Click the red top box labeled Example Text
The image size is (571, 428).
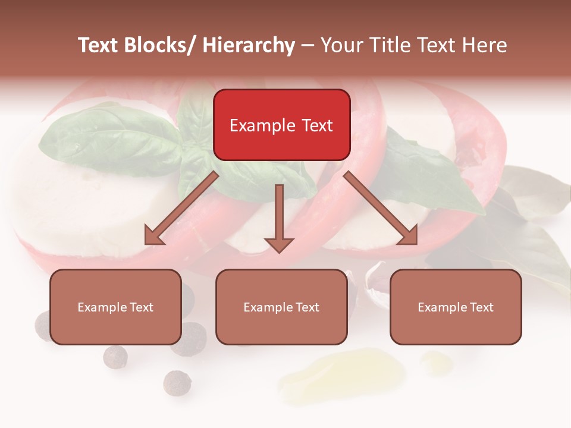281,125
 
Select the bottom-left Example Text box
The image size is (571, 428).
115,307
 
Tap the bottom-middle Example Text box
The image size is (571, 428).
281,307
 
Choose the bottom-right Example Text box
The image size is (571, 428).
456,307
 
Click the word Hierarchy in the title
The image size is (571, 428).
248,45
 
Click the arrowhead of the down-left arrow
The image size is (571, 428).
154,235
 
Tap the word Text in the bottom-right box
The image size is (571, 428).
482,307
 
